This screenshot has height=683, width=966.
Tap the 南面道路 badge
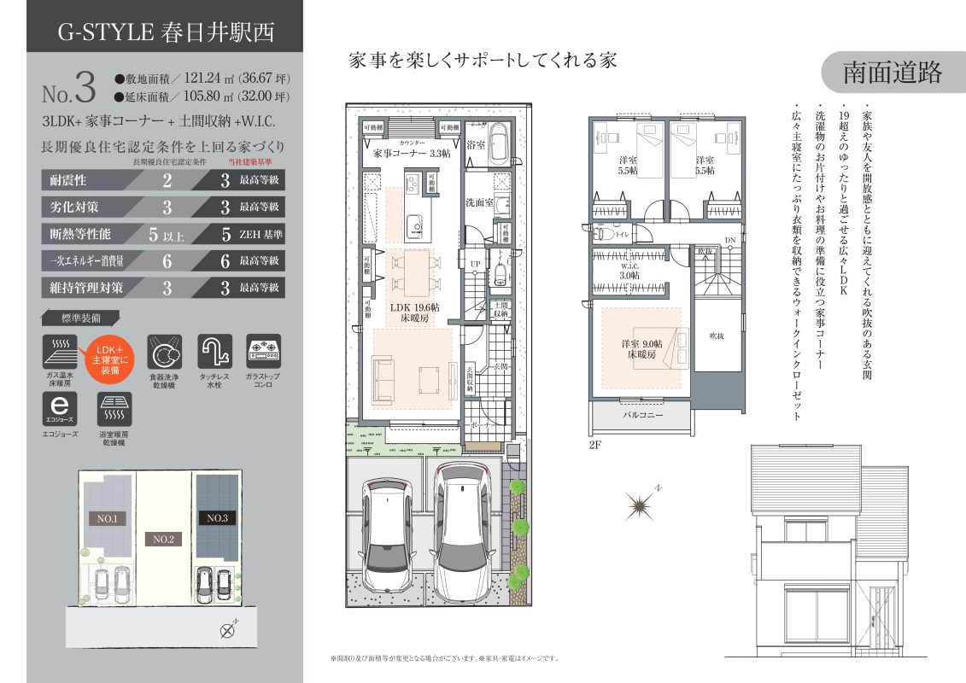[893, 73]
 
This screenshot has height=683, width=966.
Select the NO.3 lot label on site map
[216, 518]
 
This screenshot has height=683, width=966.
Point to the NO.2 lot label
[161, 540]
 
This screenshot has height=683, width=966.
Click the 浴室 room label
[476, 145]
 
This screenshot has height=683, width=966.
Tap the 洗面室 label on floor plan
[478, 204]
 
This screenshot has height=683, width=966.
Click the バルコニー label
[641, 416]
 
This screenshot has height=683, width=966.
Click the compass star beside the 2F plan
[640, 507]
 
